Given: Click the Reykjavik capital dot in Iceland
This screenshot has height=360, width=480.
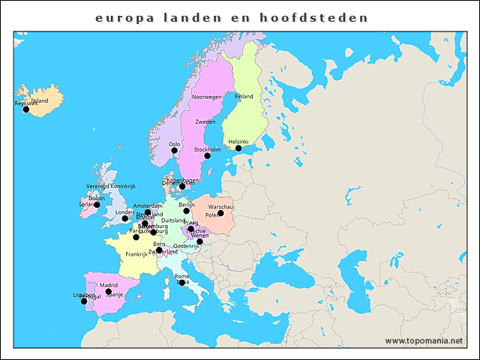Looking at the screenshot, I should (x=26, y=109).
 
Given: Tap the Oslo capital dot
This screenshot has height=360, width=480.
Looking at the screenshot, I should (x=175, y=150).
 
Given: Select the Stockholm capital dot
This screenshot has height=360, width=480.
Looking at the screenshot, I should (x=207, y=156).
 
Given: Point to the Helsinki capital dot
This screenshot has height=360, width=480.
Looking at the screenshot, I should (x=238, y=148).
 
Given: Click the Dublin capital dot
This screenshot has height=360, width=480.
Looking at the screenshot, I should (x=97, y=205).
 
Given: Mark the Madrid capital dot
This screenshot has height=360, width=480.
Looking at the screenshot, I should (x=108, y=292).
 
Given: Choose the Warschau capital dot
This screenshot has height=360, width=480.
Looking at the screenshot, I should (x=220, y=213).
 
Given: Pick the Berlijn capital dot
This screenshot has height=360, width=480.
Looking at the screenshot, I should (x=187, y=211).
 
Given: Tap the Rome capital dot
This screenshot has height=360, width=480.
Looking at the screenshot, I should (x=182, y=283).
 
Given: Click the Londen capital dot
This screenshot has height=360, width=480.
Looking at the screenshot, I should (x=125, y=218).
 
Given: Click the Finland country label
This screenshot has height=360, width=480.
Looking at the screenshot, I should (x=244, y=97).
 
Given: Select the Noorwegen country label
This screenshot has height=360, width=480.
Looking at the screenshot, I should (x=207, y=97).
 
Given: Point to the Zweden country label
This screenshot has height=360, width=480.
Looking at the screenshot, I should (x=205, y=121).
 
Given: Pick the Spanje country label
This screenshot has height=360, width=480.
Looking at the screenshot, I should (x=114, y=295).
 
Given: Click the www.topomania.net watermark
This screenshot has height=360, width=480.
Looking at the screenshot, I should (x=424, y=340).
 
